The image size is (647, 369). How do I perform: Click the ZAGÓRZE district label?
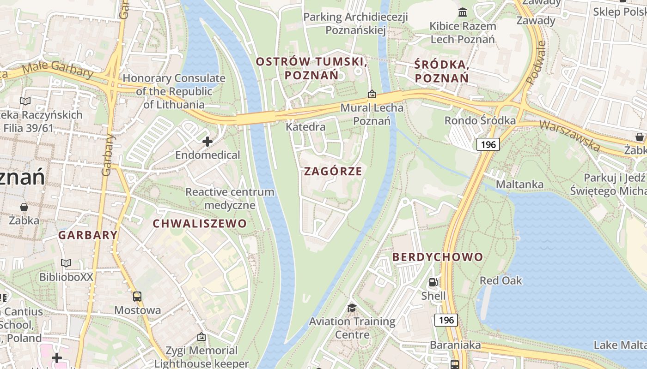[x=333, y=171]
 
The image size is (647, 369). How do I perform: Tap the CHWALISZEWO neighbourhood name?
[x=200, y=224]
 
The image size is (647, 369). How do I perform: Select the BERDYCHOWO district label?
[x=438, y=257]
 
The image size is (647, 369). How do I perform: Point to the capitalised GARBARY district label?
[x=88, y=235]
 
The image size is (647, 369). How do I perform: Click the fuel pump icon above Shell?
[x=433, y=282]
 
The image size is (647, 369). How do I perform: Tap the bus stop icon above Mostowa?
[x=137, y=297]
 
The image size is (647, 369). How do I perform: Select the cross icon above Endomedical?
[x=208, y=142]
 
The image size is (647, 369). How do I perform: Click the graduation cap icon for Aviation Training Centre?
[x=352, y=308]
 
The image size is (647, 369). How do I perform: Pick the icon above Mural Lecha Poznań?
[x=372, y=95]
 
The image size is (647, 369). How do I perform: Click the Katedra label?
[x=305, y=126]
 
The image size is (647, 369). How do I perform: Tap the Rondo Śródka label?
[x=480, y=120]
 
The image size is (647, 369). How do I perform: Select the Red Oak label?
[x=501, y=280]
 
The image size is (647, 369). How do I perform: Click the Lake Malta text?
[x=619, y=345]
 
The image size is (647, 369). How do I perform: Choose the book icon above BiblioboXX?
[x=66, y=263]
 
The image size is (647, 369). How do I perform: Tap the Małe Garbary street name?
[x=57, y=71]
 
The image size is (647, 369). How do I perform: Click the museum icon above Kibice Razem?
[x=462, y=12]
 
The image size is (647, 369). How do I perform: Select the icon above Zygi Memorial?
[x=201, y=337]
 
